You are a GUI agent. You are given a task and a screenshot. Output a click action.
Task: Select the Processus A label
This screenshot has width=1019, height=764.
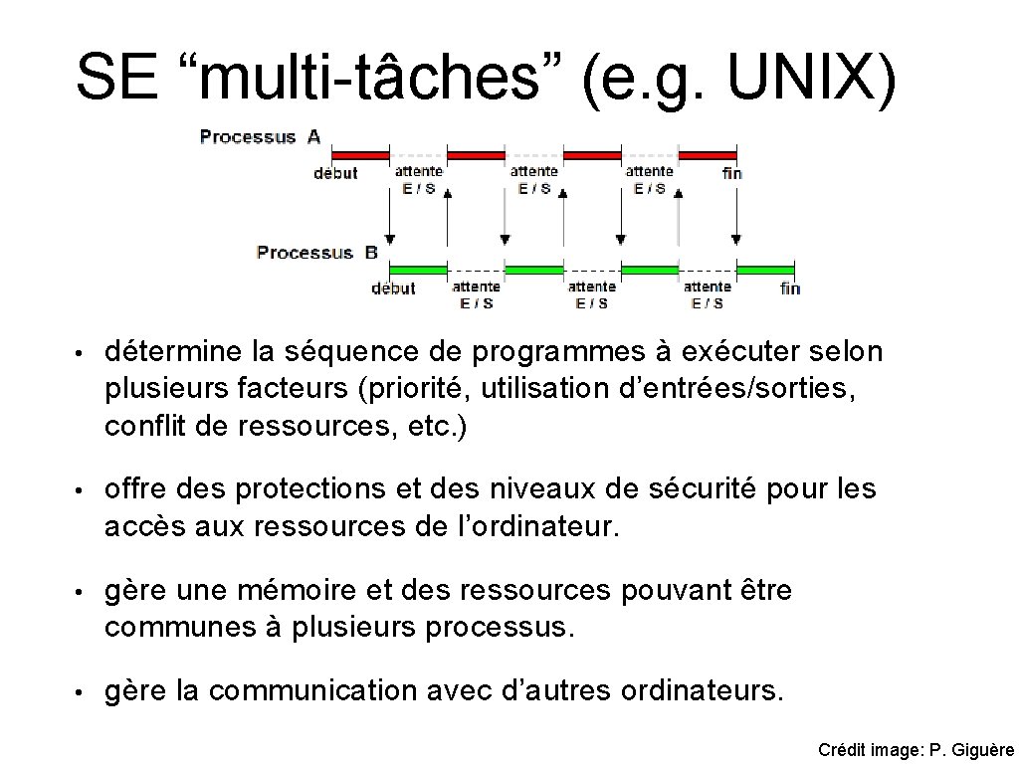pos(260,137)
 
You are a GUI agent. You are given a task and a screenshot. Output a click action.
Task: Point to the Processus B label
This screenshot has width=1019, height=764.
pos(317,253)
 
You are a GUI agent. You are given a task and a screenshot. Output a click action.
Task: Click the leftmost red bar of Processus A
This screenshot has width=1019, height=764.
pos(359,155)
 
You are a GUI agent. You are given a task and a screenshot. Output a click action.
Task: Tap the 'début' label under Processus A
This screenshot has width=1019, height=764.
pos(335,173)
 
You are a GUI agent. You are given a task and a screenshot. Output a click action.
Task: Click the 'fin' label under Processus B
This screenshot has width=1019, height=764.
pos(789,288)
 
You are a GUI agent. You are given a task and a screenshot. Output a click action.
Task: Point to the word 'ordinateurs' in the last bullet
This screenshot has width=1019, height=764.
pos(701,690)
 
